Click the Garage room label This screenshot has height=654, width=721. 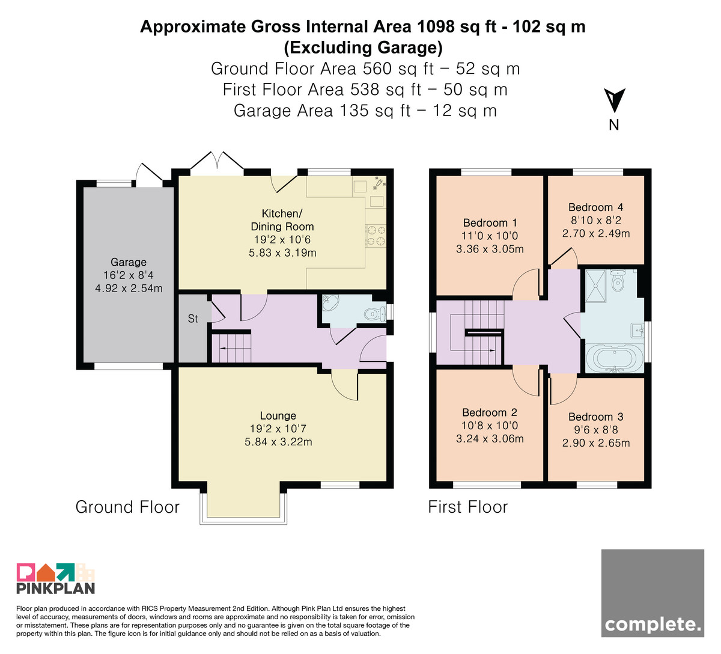[x=129, y=262]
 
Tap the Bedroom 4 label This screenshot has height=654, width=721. [x=595, y=207]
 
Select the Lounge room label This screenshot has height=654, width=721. [x=278, y=416]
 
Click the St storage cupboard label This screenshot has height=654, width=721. [x=193, y=319]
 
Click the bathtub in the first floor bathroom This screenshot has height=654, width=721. [x=615, y=358]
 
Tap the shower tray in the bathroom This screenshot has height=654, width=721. [x=595, y=286]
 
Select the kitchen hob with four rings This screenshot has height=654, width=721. [x=376, y=236]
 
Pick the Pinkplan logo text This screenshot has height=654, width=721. [x=56, y=588]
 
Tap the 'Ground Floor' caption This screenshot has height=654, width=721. [x=127, y=507]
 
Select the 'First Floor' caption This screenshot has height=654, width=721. [x=468, y=507]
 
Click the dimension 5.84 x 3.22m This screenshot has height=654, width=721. [x=278, y=442]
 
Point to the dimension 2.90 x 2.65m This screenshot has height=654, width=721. [x=596, y=443]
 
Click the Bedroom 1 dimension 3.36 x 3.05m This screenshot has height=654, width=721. [x=490, y=249]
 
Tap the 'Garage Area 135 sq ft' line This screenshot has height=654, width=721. [x=322, y=111]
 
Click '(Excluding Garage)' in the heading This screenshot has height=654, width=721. [x=363, y=48]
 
